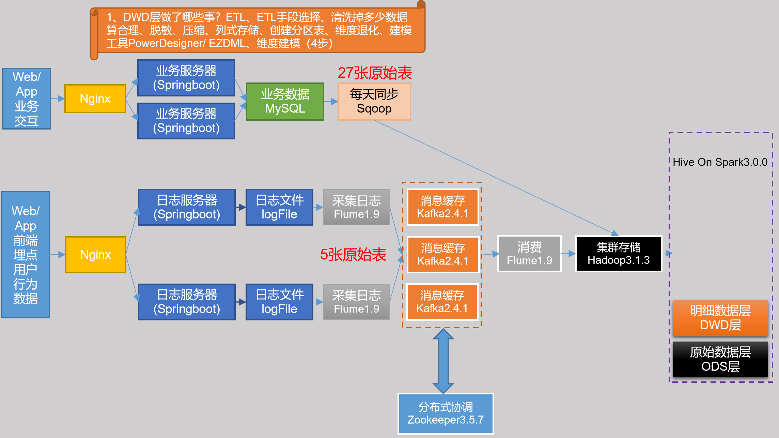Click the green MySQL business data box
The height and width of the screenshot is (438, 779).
point(285,101)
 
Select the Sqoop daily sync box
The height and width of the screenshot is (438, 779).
point(374,101)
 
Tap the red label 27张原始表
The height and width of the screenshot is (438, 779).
point(375,73)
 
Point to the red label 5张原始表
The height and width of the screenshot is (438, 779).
point(353,255)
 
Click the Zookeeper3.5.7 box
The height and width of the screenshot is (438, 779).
point(446,413)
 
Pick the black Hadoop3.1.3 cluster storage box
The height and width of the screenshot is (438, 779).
point(619,254)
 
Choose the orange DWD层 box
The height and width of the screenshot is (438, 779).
point(720,318)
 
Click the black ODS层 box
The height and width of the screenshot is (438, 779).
point(720,359)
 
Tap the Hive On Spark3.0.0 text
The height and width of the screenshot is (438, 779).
point(720,162)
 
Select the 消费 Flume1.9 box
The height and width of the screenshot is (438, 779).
point(529,254)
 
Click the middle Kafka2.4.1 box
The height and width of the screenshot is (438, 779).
point(443,254)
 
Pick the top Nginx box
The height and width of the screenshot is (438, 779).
point(95,99)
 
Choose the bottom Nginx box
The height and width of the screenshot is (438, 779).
point(96,255)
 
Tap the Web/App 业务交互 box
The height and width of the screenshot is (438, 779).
point(27,99)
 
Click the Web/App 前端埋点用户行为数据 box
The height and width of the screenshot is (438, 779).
point(26,255)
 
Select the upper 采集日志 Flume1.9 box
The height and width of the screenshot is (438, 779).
point(356,207)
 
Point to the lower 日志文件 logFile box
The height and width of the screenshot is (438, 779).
point(279,302)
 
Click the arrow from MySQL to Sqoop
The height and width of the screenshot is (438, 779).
point(331,102)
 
